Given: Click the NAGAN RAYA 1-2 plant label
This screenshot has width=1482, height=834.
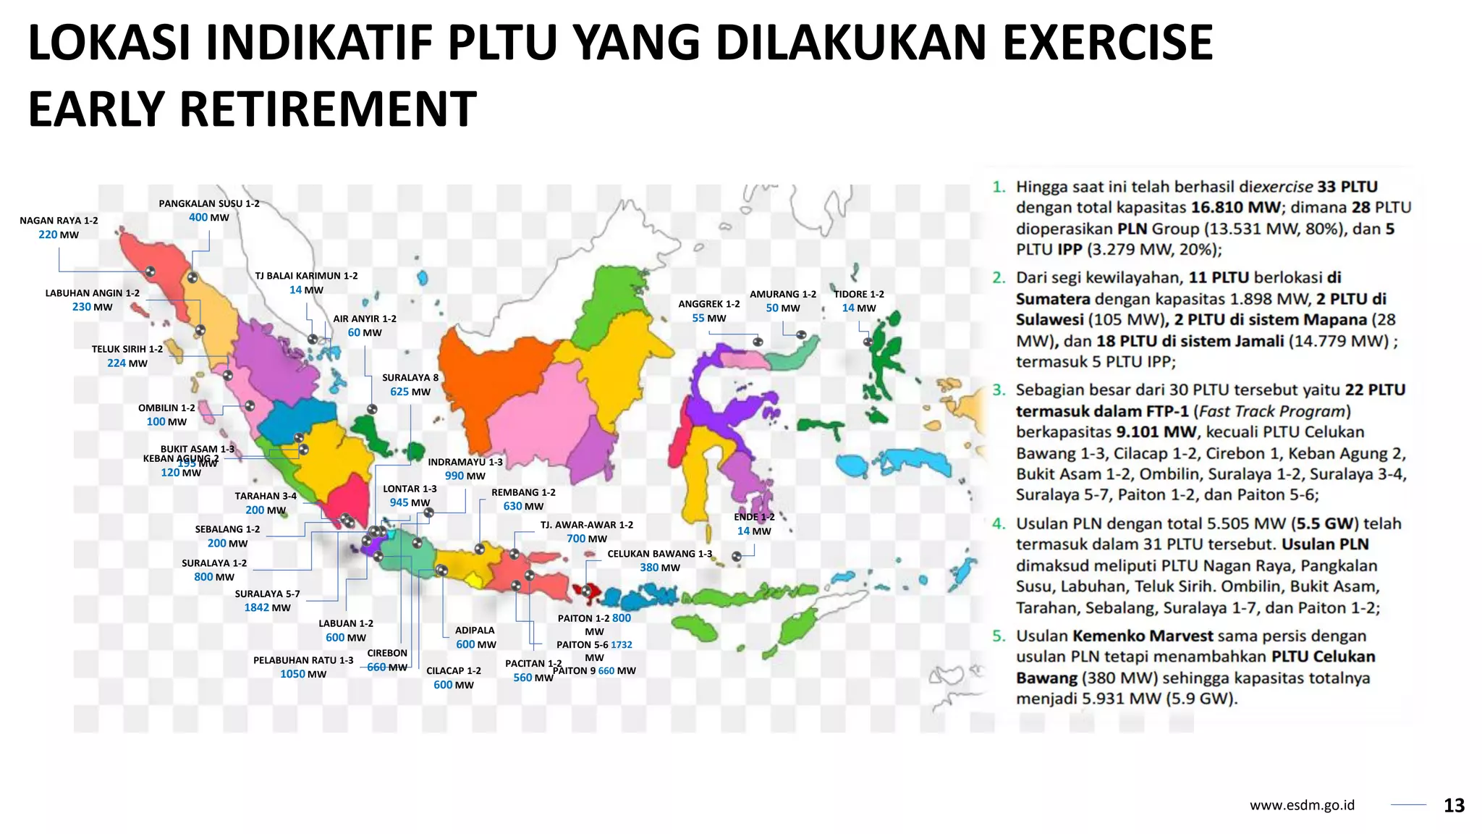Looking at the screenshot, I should coord(59,221).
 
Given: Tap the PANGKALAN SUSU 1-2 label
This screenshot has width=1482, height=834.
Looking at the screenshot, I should coord(209,204).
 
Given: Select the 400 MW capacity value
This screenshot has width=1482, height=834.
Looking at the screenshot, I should coord(208,218).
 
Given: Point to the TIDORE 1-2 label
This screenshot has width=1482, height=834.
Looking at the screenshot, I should coord(859,295).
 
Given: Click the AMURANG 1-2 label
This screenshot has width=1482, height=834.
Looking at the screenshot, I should coord(783,295).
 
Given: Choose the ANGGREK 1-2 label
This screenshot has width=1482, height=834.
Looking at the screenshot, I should coord(709,305).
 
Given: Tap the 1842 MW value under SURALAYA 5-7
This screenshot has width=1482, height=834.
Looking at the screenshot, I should coord(267,608).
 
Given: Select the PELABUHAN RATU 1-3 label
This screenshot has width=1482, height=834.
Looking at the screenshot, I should coord(303,661).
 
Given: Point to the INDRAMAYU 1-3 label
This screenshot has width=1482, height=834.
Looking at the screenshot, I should coord(465,463).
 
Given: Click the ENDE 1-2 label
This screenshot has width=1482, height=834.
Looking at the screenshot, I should coord(754,518).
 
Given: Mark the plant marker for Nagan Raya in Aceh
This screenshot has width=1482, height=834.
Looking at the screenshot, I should coord(151,271).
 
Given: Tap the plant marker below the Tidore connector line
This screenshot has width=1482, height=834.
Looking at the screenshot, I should coord(868,342).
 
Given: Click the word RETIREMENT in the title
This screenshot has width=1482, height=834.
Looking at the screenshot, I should coord(327,109).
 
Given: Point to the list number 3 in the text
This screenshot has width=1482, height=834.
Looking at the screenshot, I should coord(999,390).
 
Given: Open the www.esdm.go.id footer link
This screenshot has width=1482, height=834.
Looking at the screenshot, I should coord(1302,806).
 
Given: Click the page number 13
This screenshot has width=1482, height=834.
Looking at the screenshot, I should coord(1454,806).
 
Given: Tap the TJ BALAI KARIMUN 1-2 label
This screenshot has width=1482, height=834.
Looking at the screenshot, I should coord(306,277).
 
